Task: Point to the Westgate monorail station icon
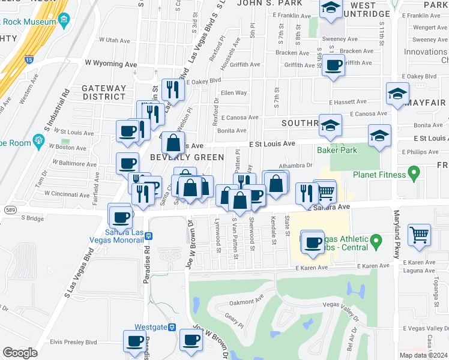point(172,327)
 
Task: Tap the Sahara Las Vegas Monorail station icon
point(150,236)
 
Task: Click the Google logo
point(20,353)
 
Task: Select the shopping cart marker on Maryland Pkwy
point(419,234)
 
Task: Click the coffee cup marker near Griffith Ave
point(333,65)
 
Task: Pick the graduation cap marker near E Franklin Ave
point(330,8)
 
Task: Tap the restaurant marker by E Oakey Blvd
point(172,89)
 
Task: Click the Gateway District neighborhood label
point(104,92)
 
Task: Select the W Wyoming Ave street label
point(111,64)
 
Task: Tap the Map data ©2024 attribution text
point(423,355)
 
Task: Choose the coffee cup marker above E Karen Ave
point(312,241)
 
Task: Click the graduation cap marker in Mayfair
point(397,94)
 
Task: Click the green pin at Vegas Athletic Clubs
point(376,242)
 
